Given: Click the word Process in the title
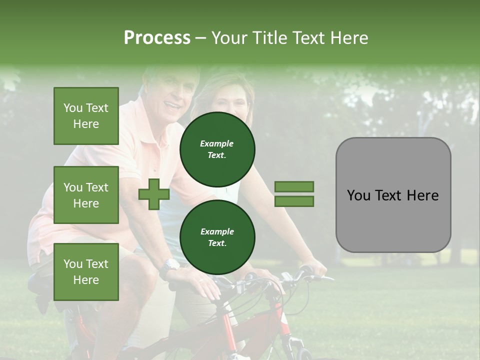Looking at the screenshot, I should pos(157,38).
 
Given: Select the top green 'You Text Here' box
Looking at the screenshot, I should pos(86,116).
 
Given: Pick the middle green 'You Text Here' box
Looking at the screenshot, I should pos(86,195).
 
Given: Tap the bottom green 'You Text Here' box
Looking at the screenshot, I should pos(86,271).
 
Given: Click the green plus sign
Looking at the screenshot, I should pos(154,194).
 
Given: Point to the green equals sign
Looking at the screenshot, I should pos(294,194).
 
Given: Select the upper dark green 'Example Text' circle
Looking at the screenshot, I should pos(217,149).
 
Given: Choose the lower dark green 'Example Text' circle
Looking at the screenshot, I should pos(217,237).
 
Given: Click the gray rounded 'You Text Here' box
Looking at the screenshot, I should pos(393,195).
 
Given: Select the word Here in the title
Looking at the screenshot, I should pos(348,38).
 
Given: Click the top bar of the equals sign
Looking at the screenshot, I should pos(294,187).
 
